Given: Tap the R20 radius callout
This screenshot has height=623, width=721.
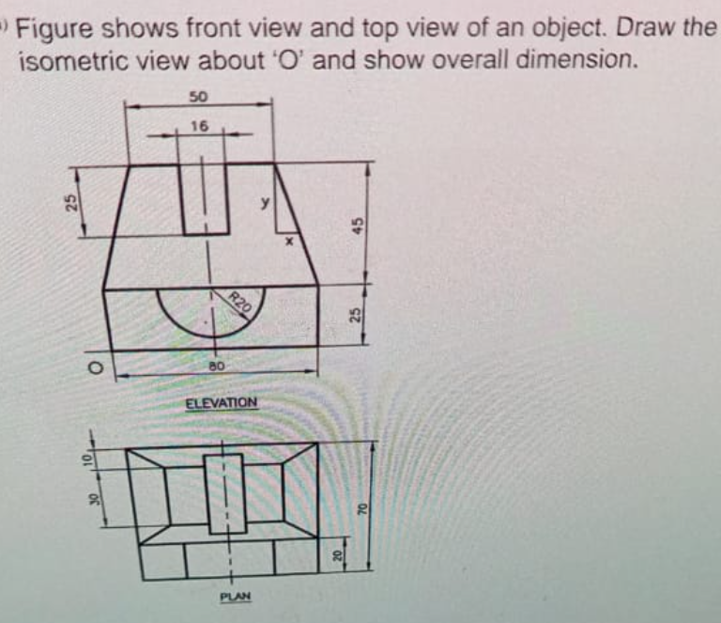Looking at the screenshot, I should click(242, 302).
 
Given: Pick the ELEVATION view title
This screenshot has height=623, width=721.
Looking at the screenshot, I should click(221, 402).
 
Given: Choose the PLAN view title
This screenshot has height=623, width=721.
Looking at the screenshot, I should click(234, 597).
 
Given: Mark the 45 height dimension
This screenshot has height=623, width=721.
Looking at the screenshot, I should click(358, 225).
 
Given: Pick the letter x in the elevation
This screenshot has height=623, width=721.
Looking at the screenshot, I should click(290, 241).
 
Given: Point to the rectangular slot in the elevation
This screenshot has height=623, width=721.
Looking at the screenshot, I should click(206, 198).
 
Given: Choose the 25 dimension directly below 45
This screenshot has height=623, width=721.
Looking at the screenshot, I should click(357, 315).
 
